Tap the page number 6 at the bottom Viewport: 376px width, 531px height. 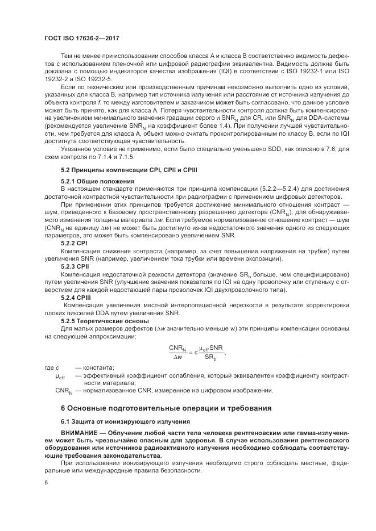pos(46,482)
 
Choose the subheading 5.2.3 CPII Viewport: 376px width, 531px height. pos(75,266)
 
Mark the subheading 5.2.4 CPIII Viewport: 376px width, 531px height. pos(76,296)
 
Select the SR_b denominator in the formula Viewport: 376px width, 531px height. pos(211,357)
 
